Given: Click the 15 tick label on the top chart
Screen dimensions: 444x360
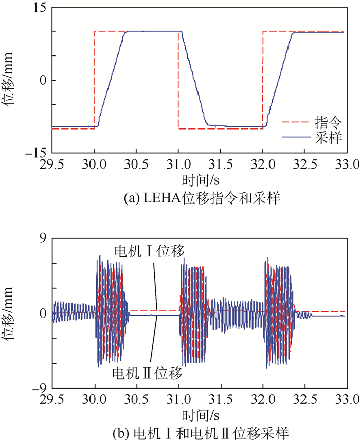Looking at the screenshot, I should (39, 8).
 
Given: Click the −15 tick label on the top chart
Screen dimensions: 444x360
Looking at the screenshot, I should (35, 153).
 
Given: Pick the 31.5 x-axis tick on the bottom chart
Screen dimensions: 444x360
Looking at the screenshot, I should (220, 400).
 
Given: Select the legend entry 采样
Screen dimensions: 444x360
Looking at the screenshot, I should (328, 138).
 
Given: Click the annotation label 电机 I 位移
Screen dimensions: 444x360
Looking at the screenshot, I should (149, 250).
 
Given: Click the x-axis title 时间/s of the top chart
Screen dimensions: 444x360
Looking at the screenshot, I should (199, 180).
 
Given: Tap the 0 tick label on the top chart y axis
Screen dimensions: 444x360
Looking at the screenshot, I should (43, 81).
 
